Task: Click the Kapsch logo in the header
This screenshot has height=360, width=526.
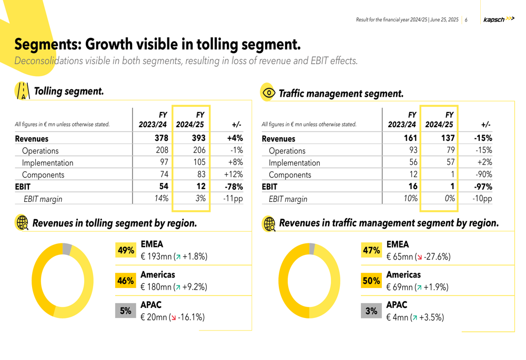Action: pyautogui.click(x=498, y=19)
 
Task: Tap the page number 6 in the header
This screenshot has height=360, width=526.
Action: pyautogui.click(x=466, y=20)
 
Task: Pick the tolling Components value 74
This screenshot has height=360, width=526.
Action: pyautogui.click(x=164, y=174)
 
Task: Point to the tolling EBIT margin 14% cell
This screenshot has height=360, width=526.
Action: pyautogui.click(x=161, y=199)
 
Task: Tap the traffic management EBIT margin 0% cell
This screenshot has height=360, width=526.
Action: pyautogui.click(x=448, y=199)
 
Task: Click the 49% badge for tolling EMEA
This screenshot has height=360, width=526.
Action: pyautogui.click(x=126, y=251)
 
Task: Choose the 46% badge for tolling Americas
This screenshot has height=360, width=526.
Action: pyautogui.click(x=126, y=281)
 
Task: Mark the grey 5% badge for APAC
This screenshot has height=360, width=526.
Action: pyautogui.click(x=126, y=311)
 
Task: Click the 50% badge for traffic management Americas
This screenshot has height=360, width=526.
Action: pyautogui.click(x=371, y=281)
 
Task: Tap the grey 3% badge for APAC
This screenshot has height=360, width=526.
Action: pyautogui.click(x=371, y=311)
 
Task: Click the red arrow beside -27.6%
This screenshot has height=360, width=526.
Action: pyautogui.click(x=419, y=258)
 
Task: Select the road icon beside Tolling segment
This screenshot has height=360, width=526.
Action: pyautogui.click(x=22, y=91)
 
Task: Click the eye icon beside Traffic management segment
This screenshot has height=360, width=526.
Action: pyautogui.click(x=268, y=93)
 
